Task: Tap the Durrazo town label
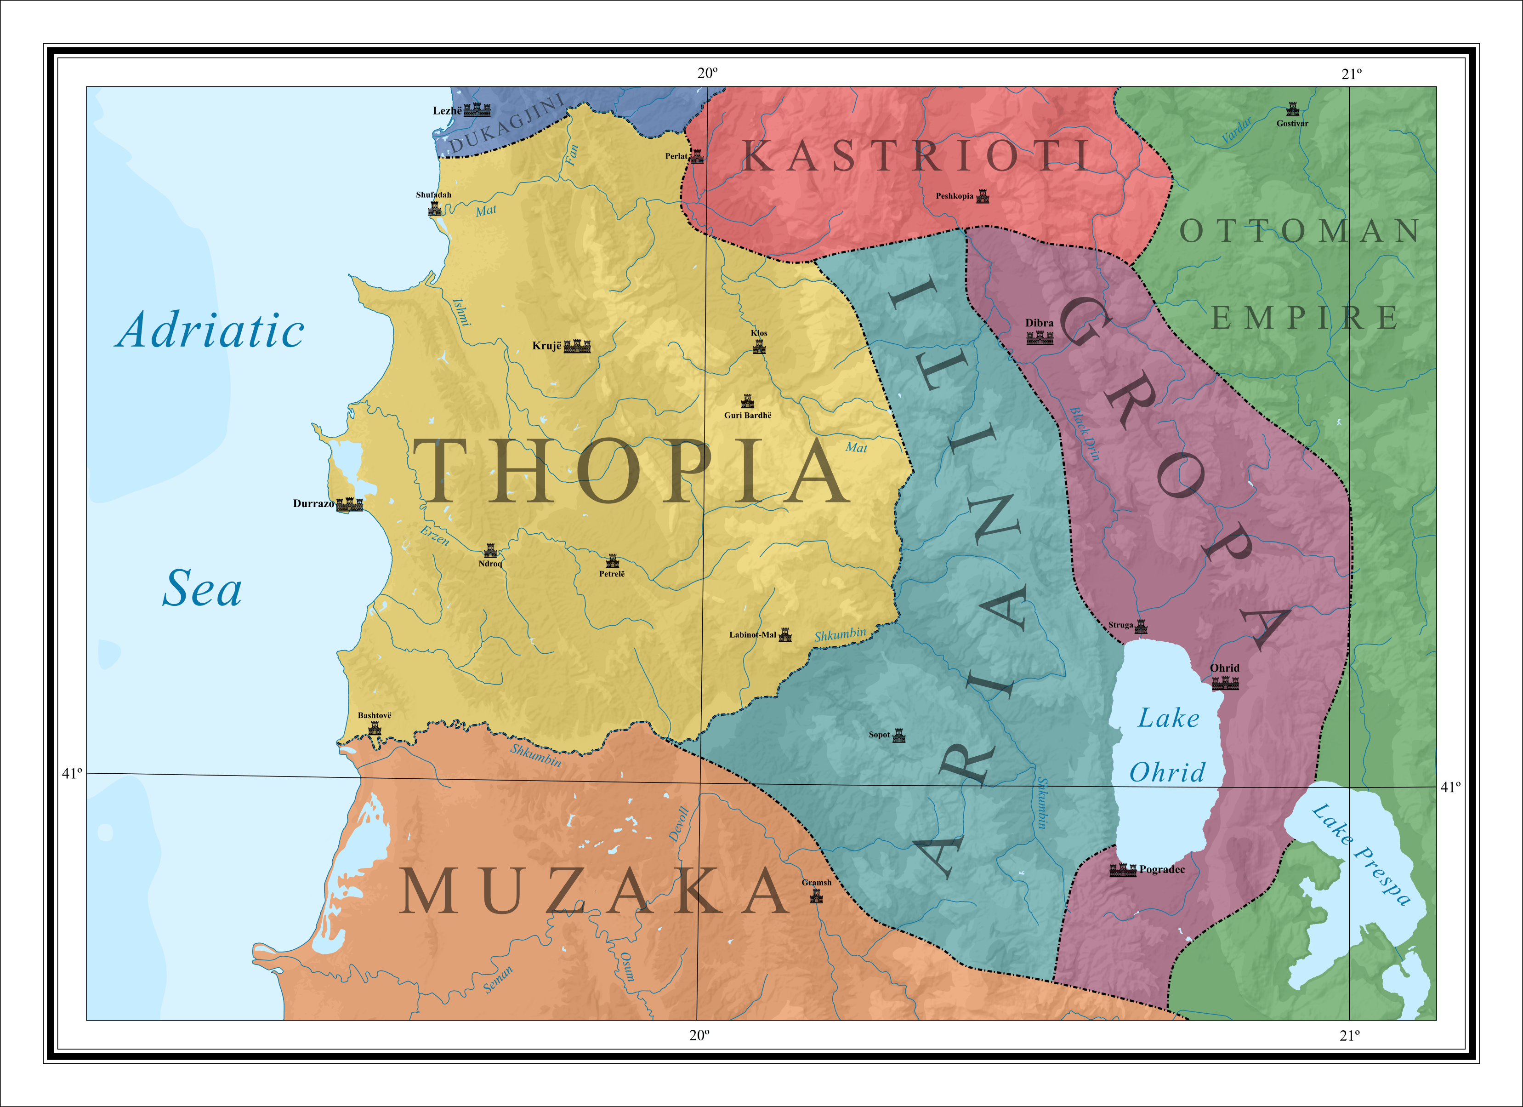pos(313,504)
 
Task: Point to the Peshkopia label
pos(954,196)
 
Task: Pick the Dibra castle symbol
pos(1040,338)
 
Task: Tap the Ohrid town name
pos(1225,668)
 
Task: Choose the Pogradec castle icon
pos(1123,871)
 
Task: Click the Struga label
pos(1120,625)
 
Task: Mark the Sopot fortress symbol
pos(899,736)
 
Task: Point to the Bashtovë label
pos(374,715)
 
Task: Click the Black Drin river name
pos(1085,433)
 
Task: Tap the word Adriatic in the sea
pos(210,331)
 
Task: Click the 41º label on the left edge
pos(72,773)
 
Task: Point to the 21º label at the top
pos(1352,74)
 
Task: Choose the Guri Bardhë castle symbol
pos(747,402)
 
